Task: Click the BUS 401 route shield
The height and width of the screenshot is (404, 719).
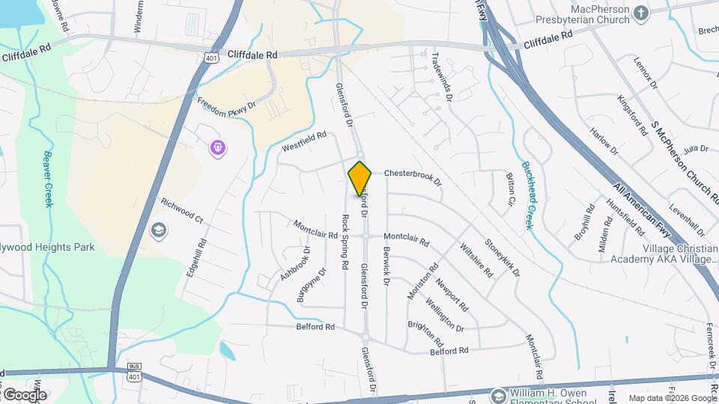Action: coord(134,372)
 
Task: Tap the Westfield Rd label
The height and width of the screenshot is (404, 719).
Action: coord(304,142)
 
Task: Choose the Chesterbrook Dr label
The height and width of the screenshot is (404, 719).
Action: coord(413,177)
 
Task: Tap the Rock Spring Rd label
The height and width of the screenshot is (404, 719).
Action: coord(345,242)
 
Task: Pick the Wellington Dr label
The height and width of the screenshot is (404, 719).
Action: coord(445,314)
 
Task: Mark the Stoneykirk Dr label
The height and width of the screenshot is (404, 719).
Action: coord(502,257)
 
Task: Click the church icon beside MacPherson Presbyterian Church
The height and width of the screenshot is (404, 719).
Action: coord(640,13)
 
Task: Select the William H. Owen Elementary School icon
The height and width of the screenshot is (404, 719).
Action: coord(497,394)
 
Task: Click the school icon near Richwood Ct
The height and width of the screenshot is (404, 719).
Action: coord(159,230)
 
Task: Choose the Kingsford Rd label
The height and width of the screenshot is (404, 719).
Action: coord(633,114)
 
